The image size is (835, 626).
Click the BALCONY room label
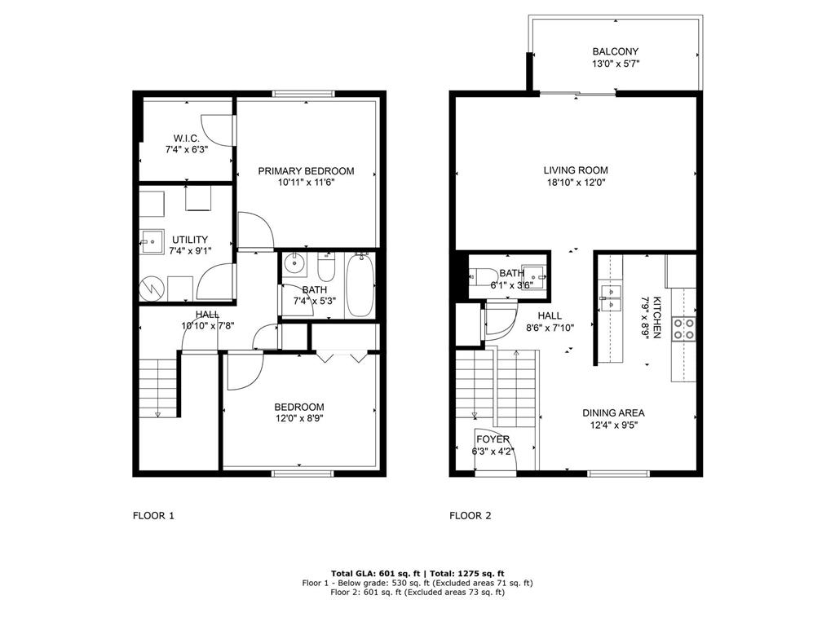click(x=615, y=51)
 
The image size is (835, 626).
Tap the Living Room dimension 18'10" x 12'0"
click(x=577, y=183)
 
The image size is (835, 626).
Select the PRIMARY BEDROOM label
click(x=306, y=170)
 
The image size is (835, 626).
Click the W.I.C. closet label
click(x=186, y=138)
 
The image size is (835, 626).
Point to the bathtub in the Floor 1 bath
click(x=360, y=287)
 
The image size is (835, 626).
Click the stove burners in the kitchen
click(x=683, y=328)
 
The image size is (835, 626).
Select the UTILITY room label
click(x=189, y=240)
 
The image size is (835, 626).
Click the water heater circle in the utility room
click(x=151, y=288)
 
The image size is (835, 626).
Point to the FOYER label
click(x=493, y=439)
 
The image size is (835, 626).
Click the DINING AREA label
click(x=613, y=412)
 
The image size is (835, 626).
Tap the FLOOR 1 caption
click(x=153, y=515)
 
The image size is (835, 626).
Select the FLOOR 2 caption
click(x=471, y=515)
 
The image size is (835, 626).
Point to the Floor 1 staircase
click(x=157, y=388)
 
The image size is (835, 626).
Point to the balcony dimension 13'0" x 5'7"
click(x=615, y=64)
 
